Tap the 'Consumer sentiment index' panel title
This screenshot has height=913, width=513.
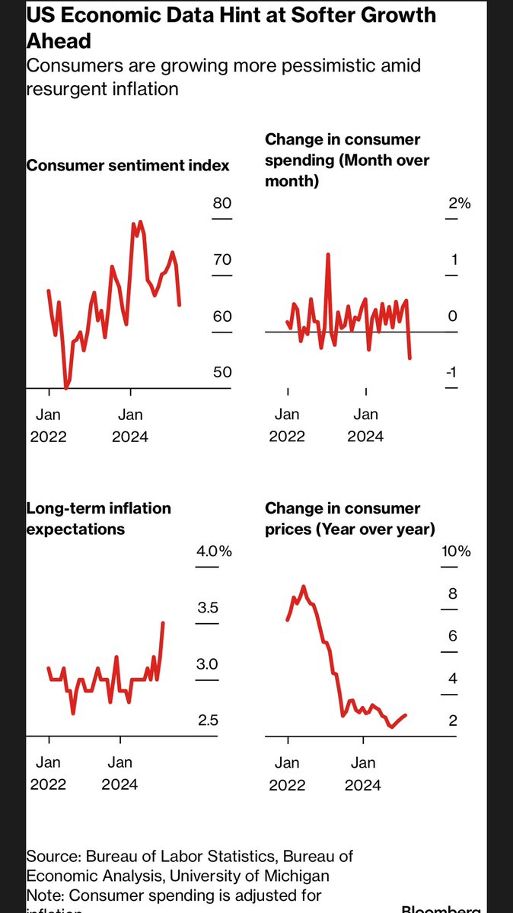pos(128,166)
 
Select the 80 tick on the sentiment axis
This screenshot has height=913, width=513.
pos(221,204)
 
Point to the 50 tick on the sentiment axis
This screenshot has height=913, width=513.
pos(221,373)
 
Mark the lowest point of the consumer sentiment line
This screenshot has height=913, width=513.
pos(65,388)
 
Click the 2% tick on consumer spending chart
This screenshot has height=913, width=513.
pos(459,204)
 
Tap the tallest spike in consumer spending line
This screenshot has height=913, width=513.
pos(328,255)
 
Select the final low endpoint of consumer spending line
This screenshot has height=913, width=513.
pos(410,358)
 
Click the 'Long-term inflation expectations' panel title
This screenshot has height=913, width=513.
pos(99,518)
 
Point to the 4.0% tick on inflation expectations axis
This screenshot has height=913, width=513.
pos(214,552)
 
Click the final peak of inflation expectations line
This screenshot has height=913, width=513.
pos(163,622)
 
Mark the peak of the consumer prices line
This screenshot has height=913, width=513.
pos(304,587)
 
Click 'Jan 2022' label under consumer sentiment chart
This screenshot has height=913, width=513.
pos(49,425)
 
